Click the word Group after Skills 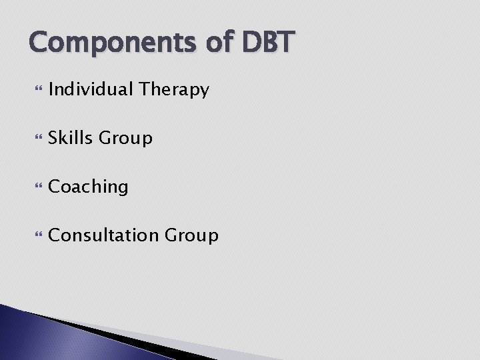click(125, 139)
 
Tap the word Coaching click(88, 187)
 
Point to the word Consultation click(102, 235)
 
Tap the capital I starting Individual click(51, 89)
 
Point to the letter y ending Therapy click(204, 91)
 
